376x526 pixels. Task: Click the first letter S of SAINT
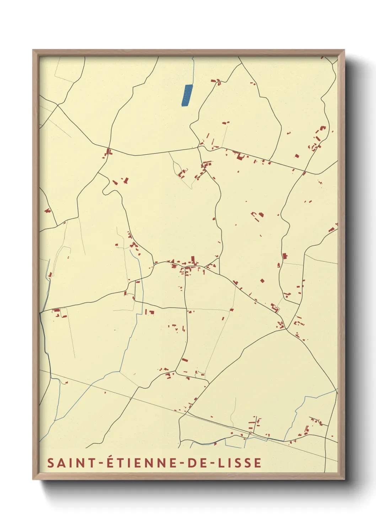pos(51,463)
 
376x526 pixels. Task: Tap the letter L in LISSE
pos(221,463)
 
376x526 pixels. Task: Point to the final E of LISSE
pos(258,463)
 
